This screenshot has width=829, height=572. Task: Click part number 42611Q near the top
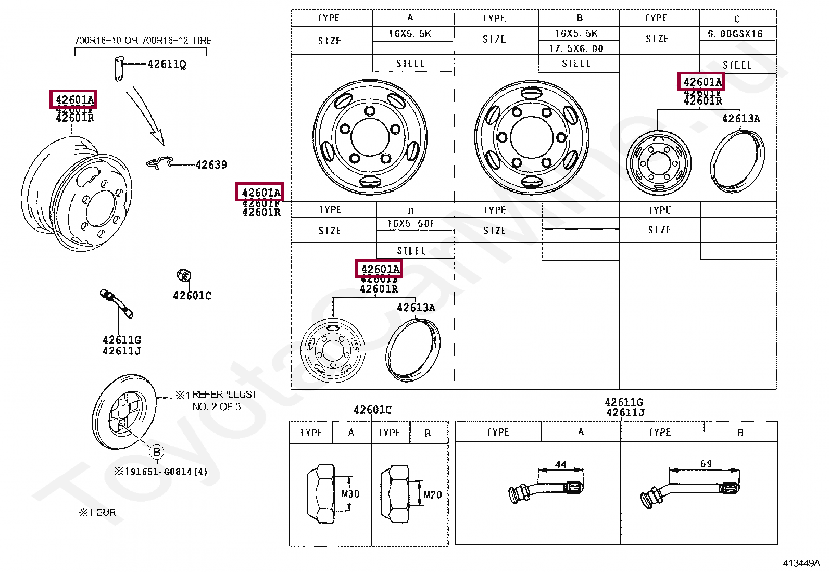(x=167, y=64)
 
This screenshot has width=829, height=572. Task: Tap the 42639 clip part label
(x=211, y=165)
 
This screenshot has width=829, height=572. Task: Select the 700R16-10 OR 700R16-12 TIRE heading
(x=143, y=40)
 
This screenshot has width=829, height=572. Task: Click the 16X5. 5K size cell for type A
(x=410, y=34)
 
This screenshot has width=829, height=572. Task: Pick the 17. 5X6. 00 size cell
(x=576, y=48)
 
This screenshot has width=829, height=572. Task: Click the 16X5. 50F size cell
(x=410, y=224)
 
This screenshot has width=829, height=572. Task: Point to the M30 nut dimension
(x=350, y=493)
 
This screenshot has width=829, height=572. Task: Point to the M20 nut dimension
(x=432, y=494)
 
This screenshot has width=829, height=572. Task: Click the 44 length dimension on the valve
(x=560, y=464)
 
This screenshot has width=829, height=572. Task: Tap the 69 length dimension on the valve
(x=706, y=463)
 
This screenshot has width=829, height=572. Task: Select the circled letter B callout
(x=156, y=452)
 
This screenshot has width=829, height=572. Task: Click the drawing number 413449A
(x=801, y=563)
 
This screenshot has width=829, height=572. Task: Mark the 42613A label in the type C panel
(x=740, y=119)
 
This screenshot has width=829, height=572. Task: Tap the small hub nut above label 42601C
(x=184, y=275)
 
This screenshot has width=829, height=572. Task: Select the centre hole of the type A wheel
(x=370, y=137)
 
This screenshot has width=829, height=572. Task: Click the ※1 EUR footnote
(x=97, y=512)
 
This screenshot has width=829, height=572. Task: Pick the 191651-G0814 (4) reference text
(x=161, y=472)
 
